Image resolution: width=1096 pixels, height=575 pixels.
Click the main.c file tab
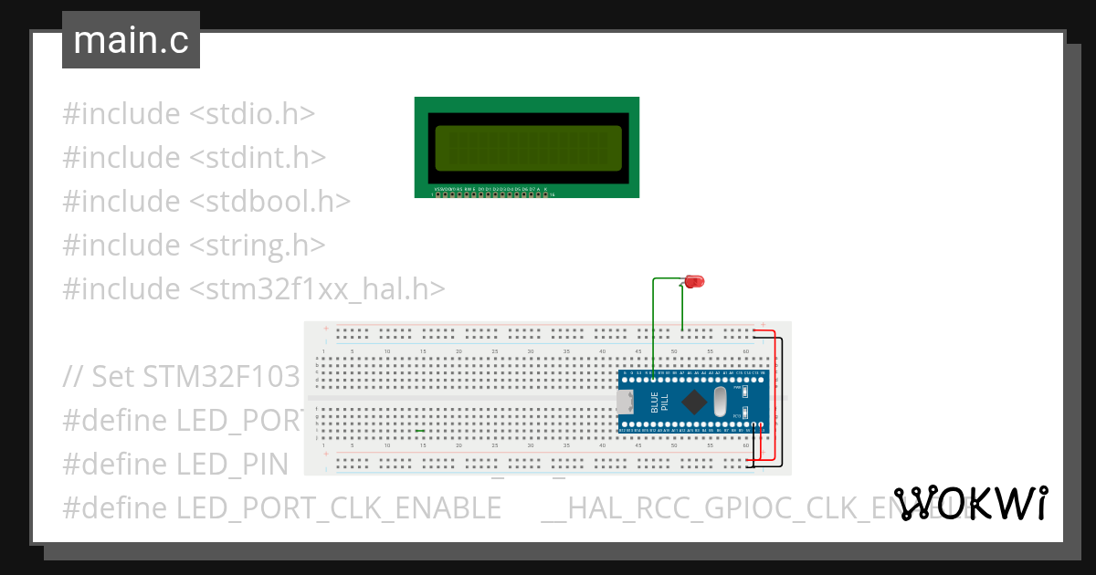[x=131, y=40]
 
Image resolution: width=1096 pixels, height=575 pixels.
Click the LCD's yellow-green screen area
[x=528, y=147]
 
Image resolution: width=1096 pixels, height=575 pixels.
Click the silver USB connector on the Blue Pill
[x=626, y=402]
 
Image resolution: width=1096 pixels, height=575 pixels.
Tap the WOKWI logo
[x=971, y=503]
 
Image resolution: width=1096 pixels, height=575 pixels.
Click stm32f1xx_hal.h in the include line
[x=318, y=289]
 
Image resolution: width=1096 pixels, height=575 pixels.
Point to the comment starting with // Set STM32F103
[x=183, y=376]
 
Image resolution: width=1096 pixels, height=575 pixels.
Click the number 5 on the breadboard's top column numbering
[x=352, y=351]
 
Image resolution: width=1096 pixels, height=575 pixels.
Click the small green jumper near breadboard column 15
[x=420, y=430]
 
